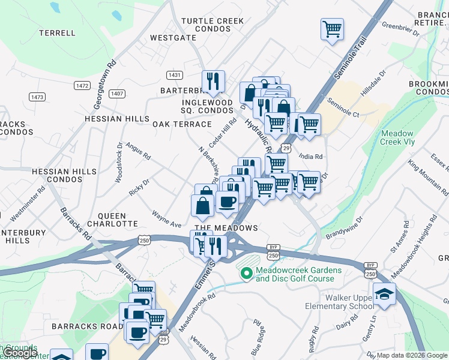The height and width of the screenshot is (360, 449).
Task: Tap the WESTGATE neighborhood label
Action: coord(173,37)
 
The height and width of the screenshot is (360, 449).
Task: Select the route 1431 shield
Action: coord(175,74)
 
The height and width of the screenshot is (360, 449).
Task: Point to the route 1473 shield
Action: coord(37,97)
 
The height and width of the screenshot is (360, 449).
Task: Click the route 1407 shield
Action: coord(116,93)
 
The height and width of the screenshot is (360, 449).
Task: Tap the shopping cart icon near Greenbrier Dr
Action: coord(332,29)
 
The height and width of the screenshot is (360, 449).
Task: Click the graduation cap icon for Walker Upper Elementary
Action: coord(384,293)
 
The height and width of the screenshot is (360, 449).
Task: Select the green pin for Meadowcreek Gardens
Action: coord(246,274)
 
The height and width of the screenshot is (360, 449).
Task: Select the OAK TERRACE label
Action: coord(182,124)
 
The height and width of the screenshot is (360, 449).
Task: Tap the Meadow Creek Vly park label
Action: coord(397,138)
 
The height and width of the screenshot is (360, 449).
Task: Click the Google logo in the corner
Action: coord(21,353)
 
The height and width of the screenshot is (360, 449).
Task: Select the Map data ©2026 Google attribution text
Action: coord(411,355)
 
